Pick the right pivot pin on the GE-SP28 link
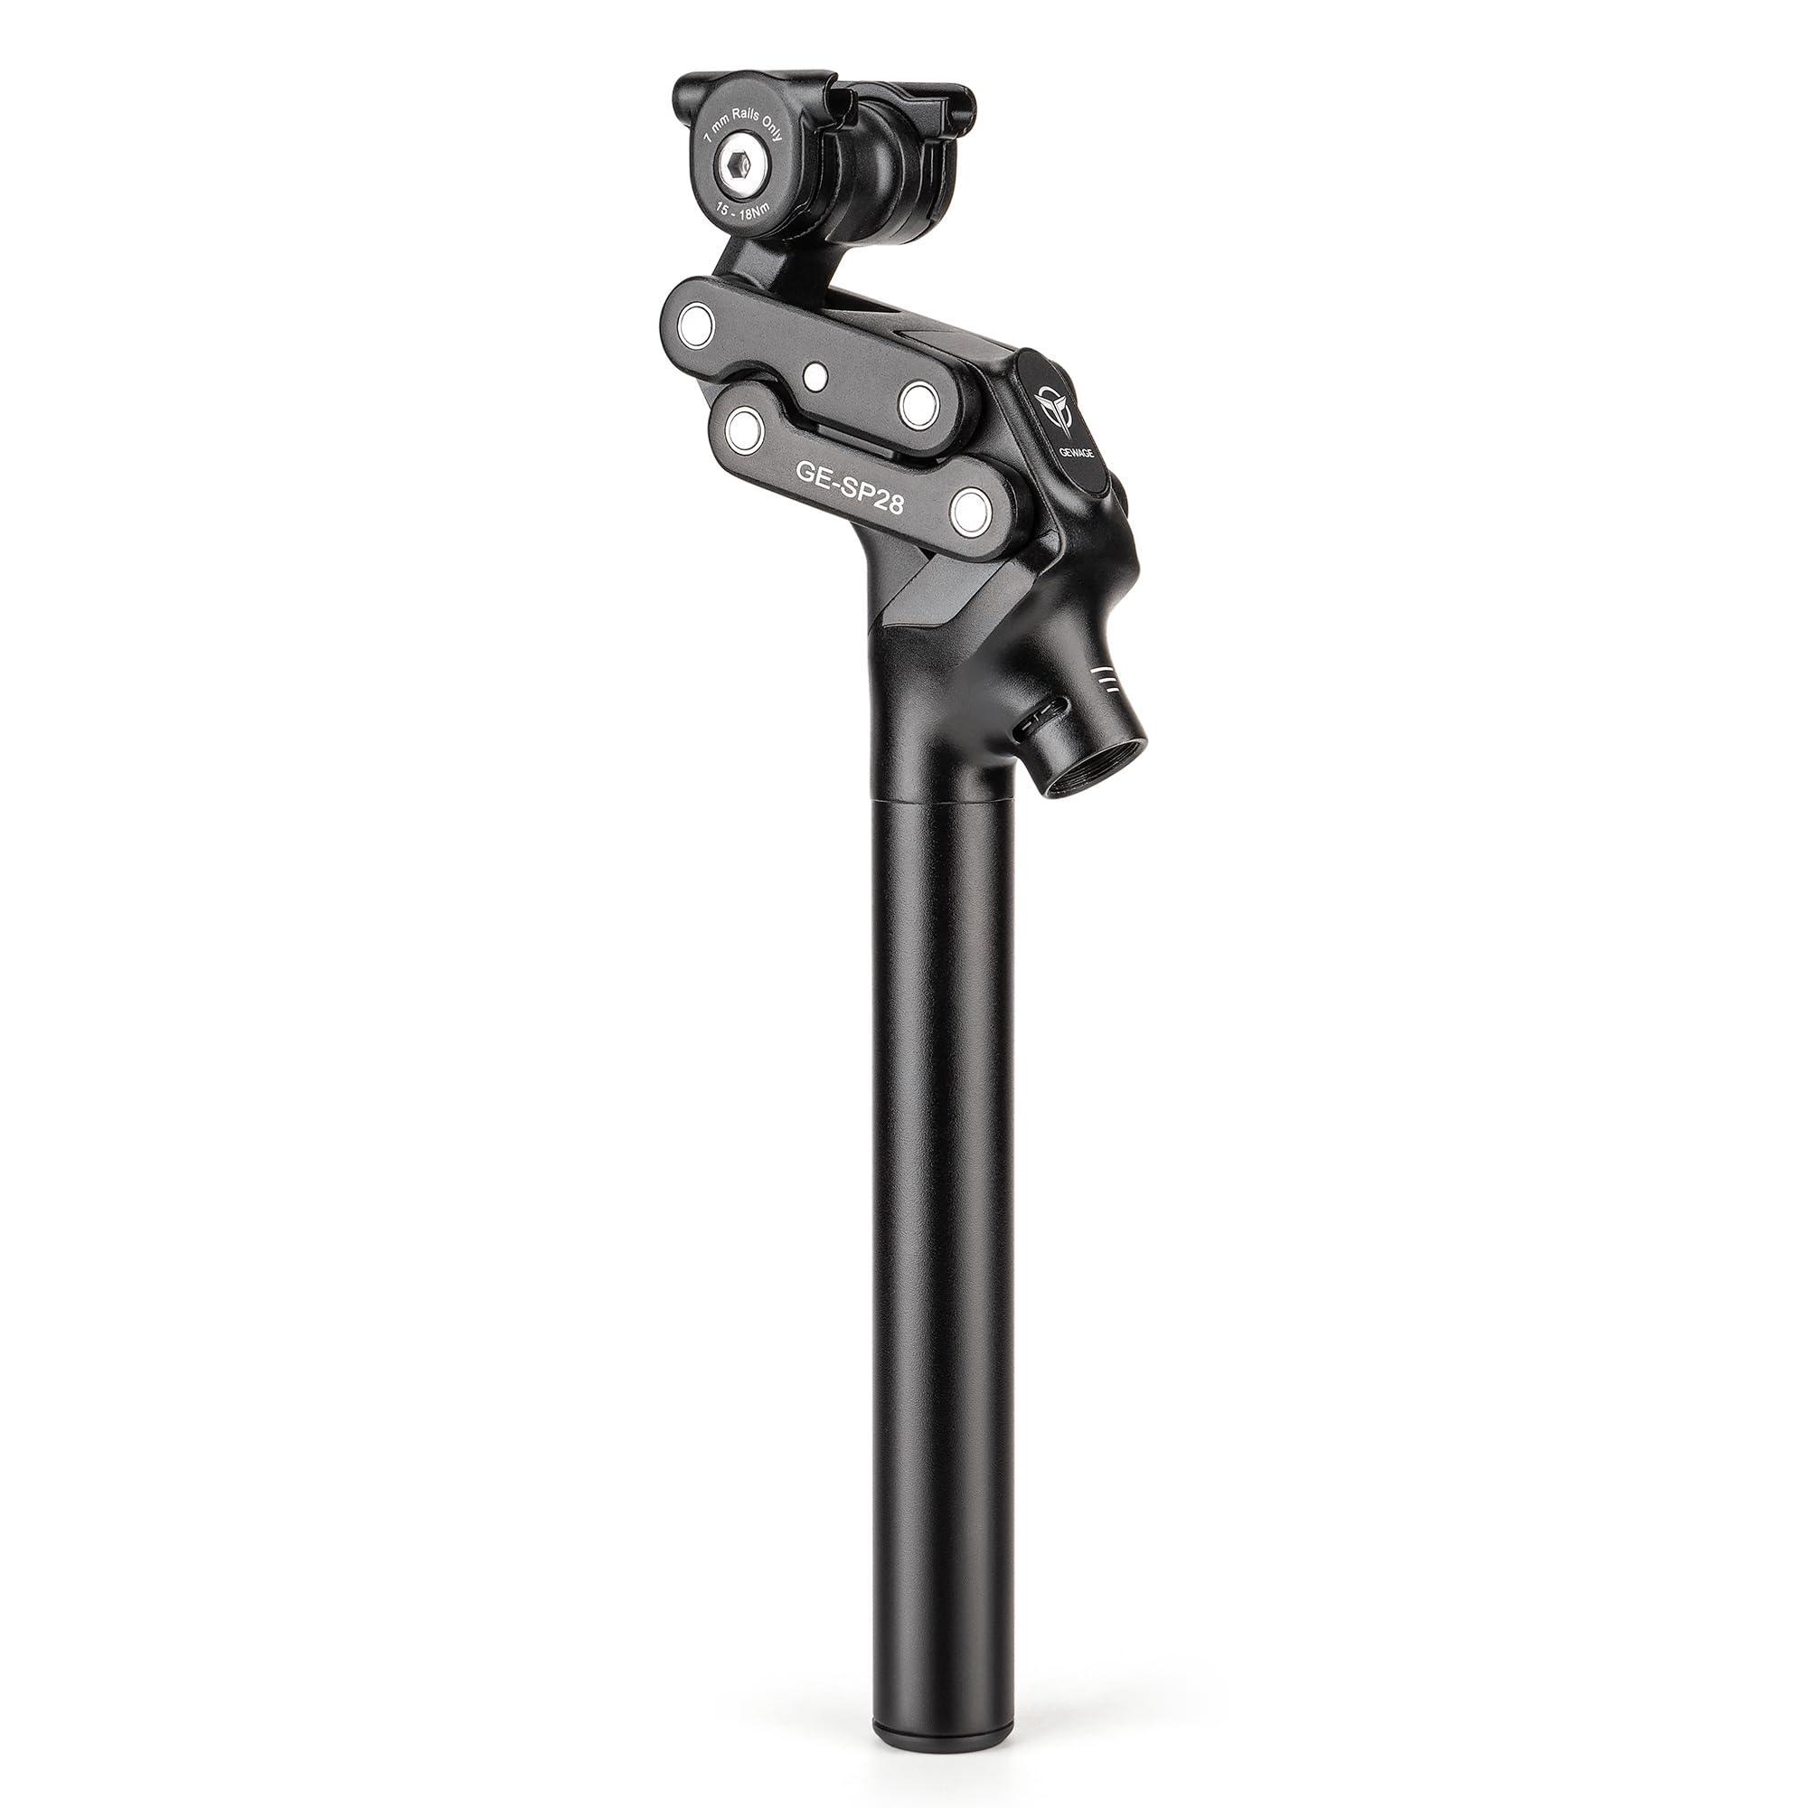970,510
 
